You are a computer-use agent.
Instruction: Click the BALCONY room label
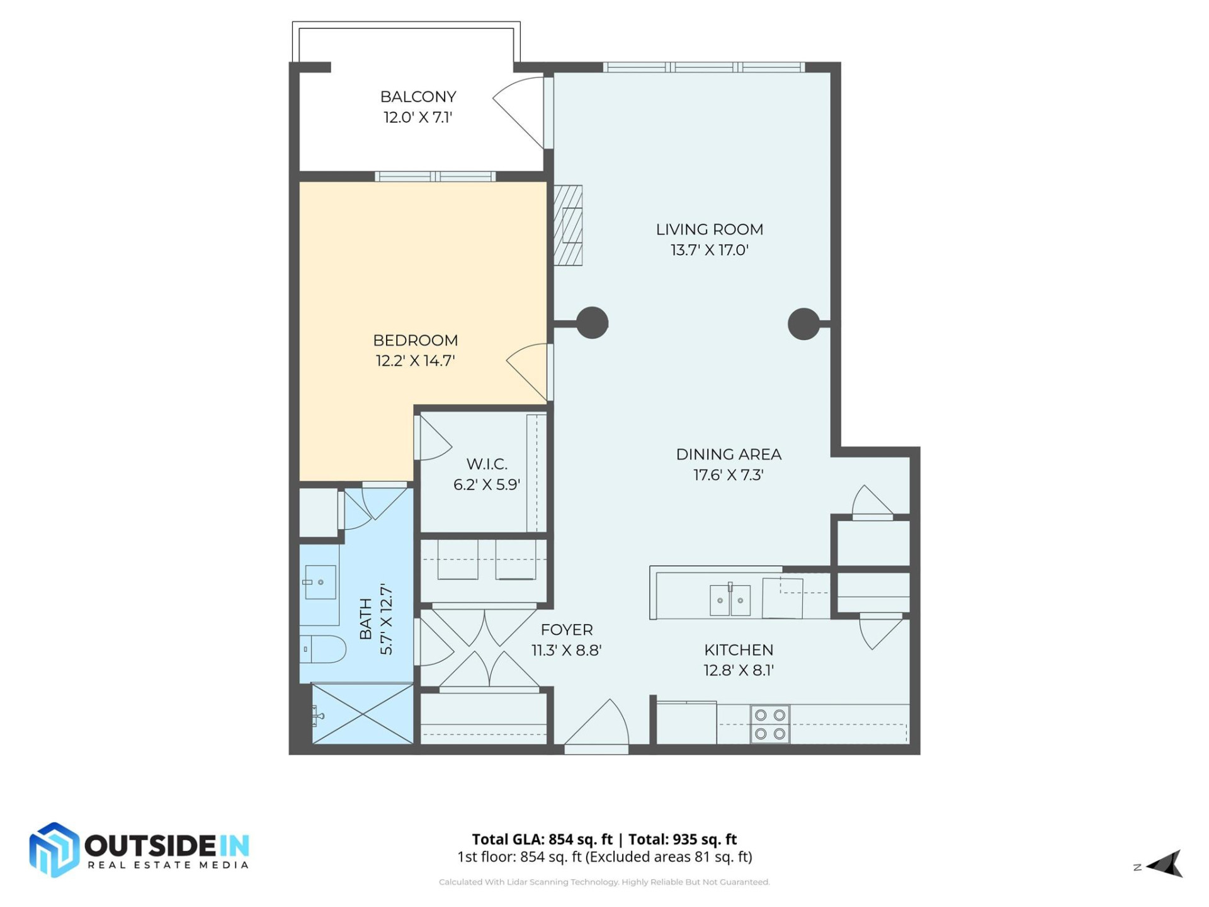coord(417,96)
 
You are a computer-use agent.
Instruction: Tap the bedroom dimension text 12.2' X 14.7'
coord(415,361)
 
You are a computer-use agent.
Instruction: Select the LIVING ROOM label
coord(709,229)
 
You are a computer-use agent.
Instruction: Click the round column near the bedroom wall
coord(592,323)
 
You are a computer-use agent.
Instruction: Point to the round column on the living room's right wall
coord(803,324)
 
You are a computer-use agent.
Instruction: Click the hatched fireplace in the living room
coord(568,225)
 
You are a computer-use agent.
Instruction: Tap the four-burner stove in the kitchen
coord(769,724)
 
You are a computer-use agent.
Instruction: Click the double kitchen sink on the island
coord(730,600)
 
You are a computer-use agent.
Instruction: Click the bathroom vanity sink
coord(319,582)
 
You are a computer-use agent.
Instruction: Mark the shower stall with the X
coord(363,714)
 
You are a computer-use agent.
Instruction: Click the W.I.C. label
coord(486,464)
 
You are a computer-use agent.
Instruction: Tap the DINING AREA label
coord(728,454)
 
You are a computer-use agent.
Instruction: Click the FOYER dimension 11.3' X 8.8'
coord(566,650)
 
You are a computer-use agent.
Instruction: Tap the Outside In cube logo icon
coord(54,850)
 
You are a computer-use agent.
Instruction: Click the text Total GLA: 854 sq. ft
coord(542,839)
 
